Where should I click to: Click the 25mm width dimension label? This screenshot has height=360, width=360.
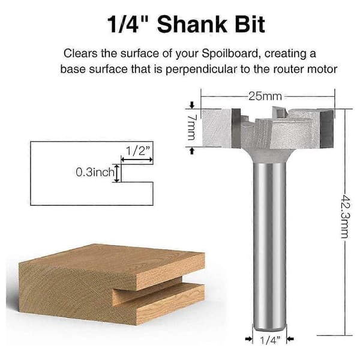tap(265, 96)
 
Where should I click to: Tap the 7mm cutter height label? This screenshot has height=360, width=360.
tap(191, 127)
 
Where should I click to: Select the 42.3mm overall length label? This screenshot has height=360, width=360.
tap(345, 217)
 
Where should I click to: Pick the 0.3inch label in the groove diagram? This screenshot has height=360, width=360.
tap(95, 172)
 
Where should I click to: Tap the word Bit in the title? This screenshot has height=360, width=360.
tap(250, 25)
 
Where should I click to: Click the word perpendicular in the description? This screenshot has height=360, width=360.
tap(201, 69)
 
